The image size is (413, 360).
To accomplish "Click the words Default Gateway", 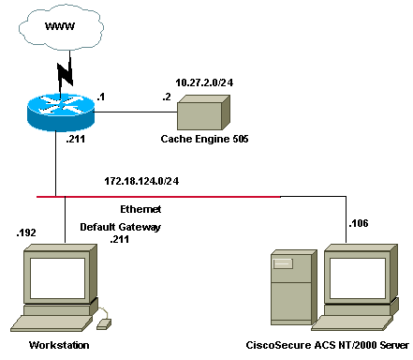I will [121, 227].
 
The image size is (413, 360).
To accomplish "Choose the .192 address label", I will [26, 231].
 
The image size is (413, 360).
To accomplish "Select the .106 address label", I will [361, 223].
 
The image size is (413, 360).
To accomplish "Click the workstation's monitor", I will [55, 281].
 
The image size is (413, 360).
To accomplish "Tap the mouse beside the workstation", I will [104, 323].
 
